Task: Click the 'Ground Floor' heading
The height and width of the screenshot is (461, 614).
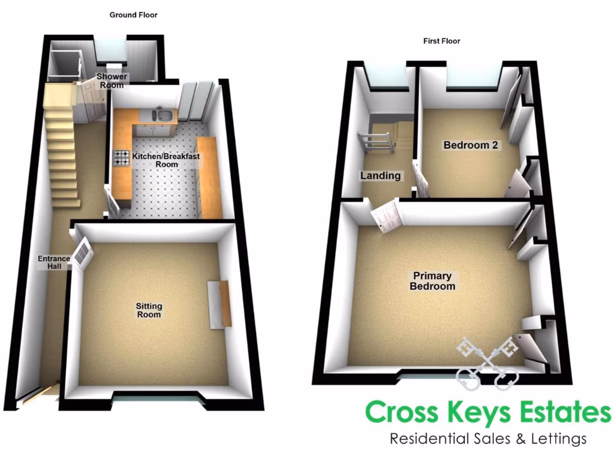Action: pyautogui.click(x=133, y=15)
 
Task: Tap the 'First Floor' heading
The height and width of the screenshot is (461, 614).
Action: pyautogui.click(x=441, y=41)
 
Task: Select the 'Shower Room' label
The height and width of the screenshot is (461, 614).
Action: pyautogui.click(x=113, y=81)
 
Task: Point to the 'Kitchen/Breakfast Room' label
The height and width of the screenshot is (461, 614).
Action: pyautogui.click(x=166, y=160)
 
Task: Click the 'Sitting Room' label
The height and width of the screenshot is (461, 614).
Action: pyautogui.click(x=149, y=310)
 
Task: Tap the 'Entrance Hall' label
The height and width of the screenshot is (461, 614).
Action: pyautogui.click(x=54, y=262)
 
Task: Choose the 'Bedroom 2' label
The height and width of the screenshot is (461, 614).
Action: pyautogui.click(x=471, y=145)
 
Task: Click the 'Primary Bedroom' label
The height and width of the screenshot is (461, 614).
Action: pyautogui.click(x=432, y=281)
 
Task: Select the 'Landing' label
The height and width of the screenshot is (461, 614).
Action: pyautogui.click(x=380, y=176)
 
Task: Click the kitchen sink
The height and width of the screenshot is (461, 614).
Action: pyautogui.click(x=162, y=113)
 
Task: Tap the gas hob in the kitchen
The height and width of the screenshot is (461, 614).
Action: pyautogui.click(x=122, y=158)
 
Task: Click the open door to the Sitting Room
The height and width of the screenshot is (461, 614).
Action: pyautogui.click(x=82, y=253)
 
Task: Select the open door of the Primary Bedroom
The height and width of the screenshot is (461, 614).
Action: pyautogui.click(x=386, y=215)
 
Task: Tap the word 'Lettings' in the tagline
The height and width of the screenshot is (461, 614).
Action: pyautogui.click(x=554, y=439)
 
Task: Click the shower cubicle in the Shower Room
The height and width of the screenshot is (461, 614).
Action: pyautogui.click(x=65, y=65)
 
